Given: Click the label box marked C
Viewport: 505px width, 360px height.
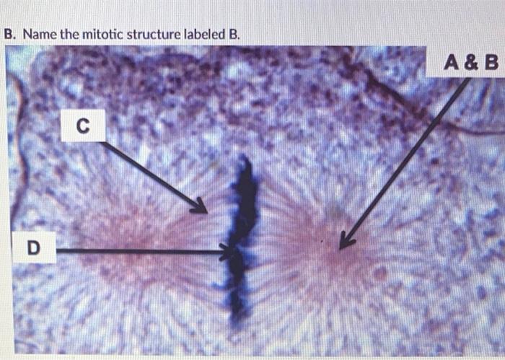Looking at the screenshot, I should click(82, 125).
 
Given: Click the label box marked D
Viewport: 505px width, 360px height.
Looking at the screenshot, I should click(32, 249).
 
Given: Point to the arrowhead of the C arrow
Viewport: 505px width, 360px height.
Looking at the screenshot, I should click(205, 210).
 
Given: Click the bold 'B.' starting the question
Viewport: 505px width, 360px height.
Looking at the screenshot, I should click(9, 34).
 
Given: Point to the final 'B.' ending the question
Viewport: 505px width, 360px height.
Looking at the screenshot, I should click(233, 34).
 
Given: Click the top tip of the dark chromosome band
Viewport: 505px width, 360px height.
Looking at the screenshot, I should click(246, 159).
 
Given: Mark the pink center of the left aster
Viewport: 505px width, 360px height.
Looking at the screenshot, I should click(133, 238).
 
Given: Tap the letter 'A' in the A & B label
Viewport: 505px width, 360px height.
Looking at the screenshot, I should click(452, 63).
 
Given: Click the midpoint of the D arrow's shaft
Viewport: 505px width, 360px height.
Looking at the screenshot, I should click(141, 251).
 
